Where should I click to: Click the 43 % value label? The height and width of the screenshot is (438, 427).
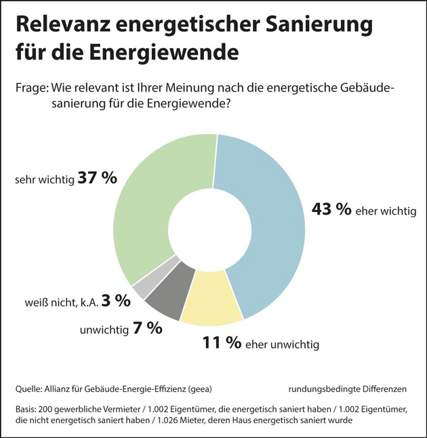point(331,209)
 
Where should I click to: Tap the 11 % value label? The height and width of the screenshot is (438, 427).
point(222,343)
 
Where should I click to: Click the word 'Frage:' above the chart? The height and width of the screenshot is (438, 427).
point(31,89)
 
